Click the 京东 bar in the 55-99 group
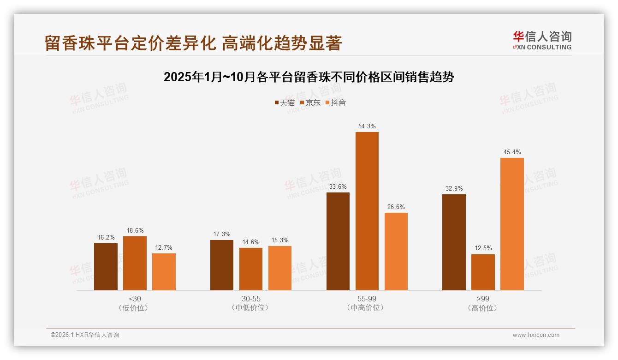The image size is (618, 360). coord(367,211)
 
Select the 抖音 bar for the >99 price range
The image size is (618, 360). coord(512,224)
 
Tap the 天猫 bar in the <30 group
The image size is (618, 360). coord(106,267)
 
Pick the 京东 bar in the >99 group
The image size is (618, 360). coord(483,272)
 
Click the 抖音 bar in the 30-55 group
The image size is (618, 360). coord(279,268)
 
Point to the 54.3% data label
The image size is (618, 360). coord(367,126)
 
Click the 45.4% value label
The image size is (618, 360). coord(512,152)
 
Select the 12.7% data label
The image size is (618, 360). coord(164,247)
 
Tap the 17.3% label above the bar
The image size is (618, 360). coord(221,234)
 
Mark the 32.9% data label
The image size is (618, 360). coord(454,188)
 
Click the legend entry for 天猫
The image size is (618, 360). coord(284,102)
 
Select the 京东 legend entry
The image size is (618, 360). coord(310,102)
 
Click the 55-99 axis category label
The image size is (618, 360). coord(367,299)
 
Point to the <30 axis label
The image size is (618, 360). coord(135,299)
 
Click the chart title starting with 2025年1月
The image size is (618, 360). coord(309,77)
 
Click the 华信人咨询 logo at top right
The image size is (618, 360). coord(542,40)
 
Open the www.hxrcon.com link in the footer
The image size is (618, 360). coord(536,335)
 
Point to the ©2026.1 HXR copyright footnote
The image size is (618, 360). coord(85,335)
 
